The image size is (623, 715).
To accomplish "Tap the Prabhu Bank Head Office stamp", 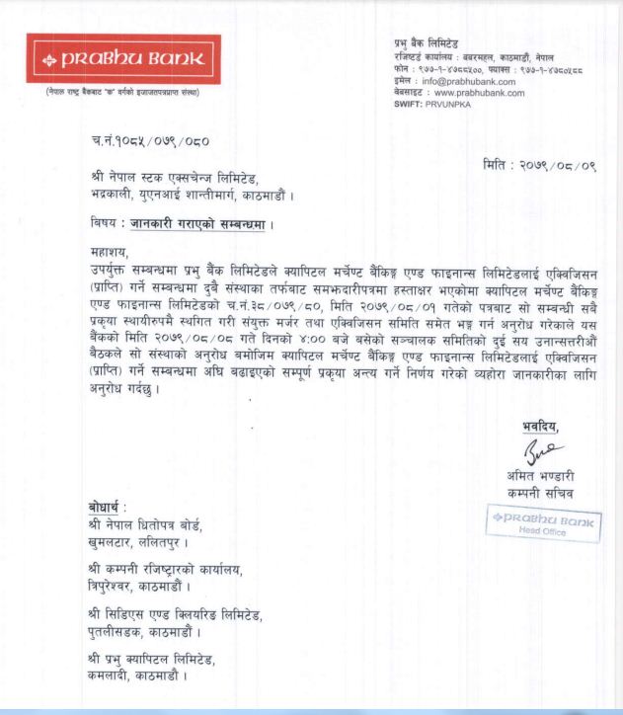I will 541,523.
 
